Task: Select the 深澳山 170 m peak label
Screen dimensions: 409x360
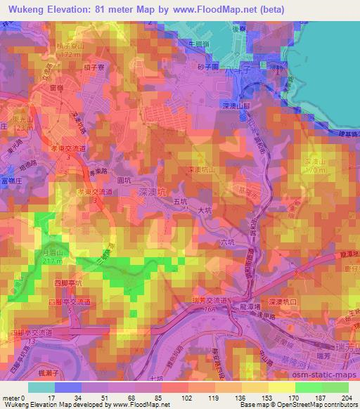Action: coord(316,166)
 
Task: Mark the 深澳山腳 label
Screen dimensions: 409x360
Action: coord(237,105)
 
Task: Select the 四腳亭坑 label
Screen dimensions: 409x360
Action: coord(70,283)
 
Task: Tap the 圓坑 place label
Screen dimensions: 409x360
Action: coord(123,180)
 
